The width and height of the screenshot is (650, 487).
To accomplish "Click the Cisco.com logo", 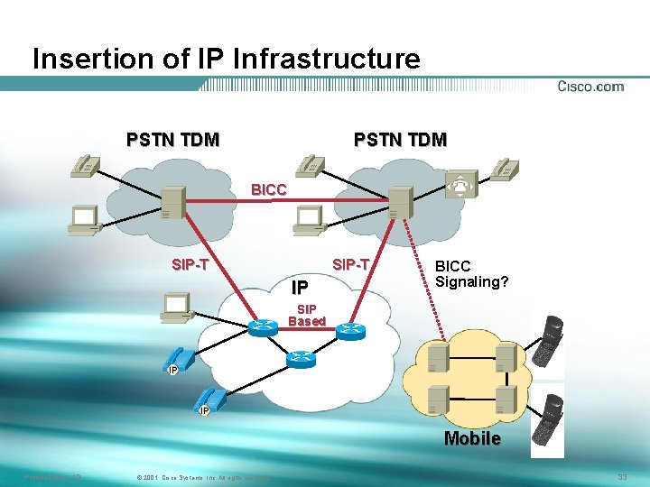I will [x=590, y=87].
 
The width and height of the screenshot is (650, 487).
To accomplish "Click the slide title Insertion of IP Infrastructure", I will [x=226, y=60].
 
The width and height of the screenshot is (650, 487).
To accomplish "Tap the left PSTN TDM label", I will [x=172, y=140].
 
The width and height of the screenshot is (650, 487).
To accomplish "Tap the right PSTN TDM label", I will [x=400, y=140].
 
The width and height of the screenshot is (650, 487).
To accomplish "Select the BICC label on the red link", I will [x=269, y=190].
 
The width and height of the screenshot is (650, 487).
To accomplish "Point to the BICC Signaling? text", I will [x=472, y=274].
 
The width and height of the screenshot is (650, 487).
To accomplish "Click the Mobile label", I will [x=472, y=438].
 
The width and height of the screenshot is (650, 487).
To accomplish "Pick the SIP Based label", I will [x=307, y=315].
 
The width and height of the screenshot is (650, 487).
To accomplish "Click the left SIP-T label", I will [x=190, y=265].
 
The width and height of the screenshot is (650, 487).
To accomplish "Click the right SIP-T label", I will [x=351, y=265].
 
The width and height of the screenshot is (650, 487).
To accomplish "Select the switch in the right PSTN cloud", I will [x=398, y=204].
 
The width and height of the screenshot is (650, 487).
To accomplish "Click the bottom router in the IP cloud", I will [x=300, y=359].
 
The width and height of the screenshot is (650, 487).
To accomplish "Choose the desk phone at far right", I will [x=504, y=169].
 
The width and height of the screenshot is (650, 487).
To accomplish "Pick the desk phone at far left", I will [x=87, y=166].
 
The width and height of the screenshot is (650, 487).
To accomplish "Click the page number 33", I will [x=622, y=476].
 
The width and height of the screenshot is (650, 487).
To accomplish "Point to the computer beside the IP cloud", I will [x=175, y=307].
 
